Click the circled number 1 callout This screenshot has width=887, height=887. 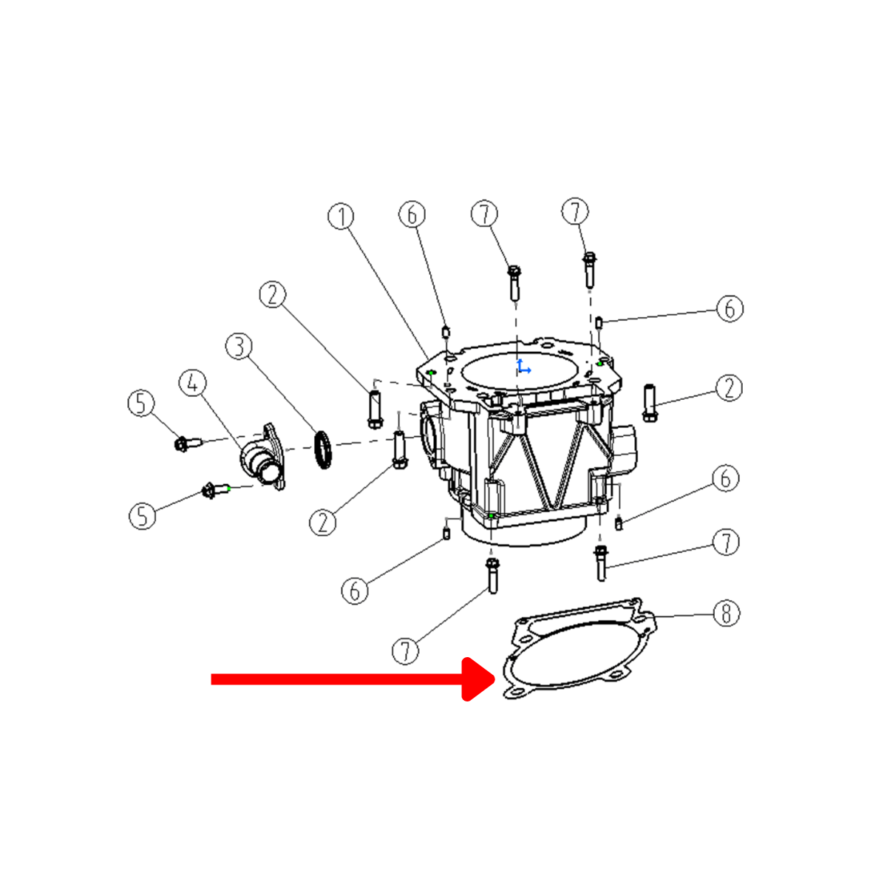341,217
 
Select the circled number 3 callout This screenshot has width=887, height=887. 239,347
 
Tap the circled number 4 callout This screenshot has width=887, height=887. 193,382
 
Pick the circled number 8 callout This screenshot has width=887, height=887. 727,614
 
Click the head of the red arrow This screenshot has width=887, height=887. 479,679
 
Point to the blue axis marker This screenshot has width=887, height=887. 523,367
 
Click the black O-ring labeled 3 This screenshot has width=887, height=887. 323,449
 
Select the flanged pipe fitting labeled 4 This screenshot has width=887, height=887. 263,459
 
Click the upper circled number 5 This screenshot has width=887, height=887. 141,404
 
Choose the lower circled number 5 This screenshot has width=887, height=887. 142,515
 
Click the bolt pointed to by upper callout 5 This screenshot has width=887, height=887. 187,444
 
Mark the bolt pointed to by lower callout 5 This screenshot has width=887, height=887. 215,490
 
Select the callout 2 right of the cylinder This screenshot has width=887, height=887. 729,388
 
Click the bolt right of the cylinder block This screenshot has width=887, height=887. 650,403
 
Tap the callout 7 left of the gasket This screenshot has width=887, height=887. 405,651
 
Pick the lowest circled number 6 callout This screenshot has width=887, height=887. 355,591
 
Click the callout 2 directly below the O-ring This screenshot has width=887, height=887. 322,523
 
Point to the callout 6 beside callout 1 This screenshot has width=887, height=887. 412,214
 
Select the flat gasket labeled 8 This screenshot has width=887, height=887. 581,648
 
